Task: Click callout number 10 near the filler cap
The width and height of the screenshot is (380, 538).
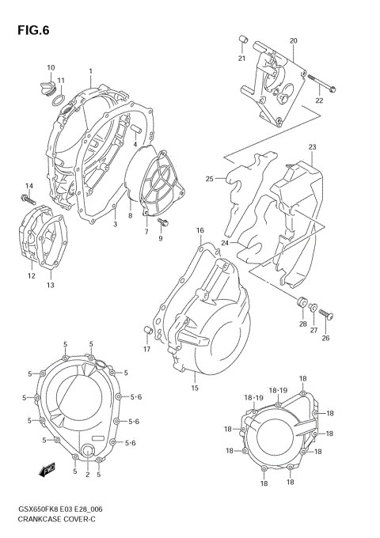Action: tap(51, 67)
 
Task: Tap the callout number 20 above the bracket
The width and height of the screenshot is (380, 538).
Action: tap(293, 40)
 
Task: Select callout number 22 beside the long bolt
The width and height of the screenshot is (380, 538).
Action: tap(319, 101)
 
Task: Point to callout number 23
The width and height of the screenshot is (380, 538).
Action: tap(312, 147)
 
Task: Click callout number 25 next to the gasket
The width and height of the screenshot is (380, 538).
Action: tap(210, 179)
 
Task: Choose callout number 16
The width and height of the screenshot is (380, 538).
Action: tap(200, 230)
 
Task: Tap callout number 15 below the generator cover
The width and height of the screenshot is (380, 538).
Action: tap(194, 388)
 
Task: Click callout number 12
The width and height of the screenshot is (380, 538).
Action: tap(32, 276)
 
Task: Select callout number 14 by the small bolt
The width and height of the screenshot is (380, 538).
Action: tap(28, 186)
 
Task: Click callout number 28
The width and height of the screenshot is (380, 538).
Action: tap(302, 324)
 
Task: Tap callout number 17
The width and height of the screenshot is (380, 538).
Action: tap(146, 349)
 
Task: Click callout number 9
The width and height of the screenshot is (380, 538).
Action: tap(160, 238)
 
